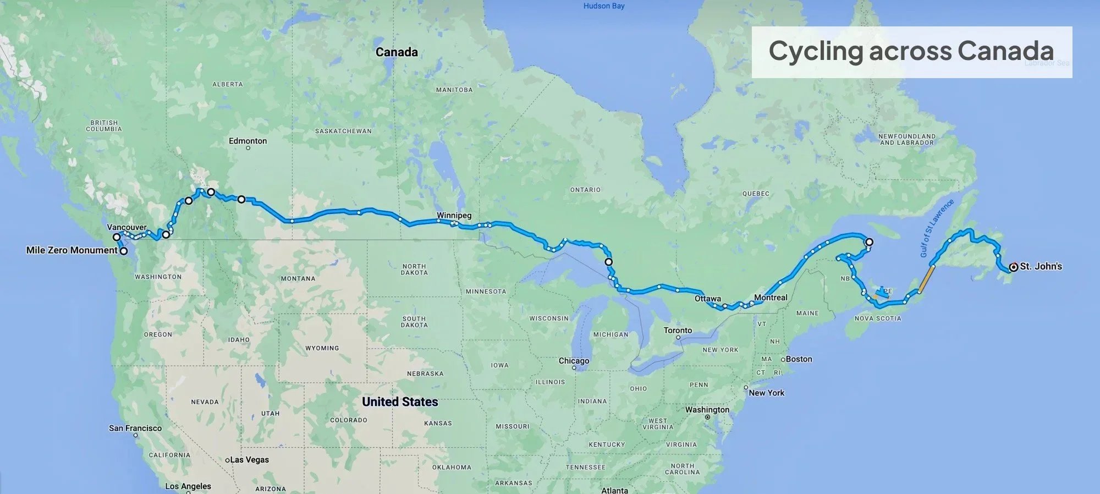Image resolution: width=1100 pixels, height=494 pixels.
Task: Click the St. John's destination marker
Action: click(x=1013, y=267)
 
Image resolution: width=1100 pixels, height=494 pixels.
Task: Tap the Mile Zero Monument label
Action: click(x=71, y=250)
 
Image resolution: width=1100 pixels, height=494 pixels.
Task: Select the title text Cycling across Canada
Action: click(x=911, y=51)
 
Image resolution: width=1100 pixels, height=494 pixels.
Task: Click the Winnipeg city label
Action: click(x=454, y=215)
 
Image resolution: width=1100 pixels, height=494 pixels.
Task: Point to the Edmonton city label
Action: click(x=248, y=141)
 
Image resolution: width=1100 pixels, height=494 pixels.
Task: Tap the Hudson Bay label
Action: click(x=604, y=6)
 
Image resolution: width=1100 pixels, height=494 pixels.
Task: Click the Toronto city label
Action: click(x=678, y=330)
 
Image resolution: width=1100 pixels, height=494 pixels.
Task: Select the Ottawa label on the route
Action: click(x=707, y=299)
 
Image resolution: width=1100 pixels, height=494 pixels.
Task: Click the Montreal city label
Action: click(x=771, y=298)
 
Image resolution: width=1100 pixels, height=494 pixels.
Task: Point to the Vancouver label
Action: click(x=127, y=227)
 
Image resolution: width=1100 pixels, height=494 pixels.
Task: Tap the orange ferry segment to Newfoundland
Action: click(x=927, y=279)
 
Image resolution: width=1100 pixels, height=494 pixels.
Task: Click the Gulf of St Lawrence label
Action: click(x=936, y=228)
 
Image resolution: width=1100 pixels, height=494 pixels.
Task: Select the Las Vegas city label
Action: click(x=249, y=460)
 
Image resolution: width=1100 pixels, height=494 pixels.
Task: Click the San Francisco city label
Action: click(x=135, y=428)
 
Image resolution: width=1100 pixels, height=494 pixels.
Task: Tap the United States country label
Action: click(x=400, y=402)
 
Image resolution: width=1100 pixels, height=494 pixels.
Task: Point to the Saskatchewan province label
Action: click(x=343, y=131)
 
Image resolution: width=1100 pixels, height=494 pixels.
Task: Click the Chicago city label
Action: click(x=574, y=361)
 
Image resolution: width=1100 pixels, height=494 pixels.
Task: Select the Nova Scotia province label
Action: click(x=878, y=319)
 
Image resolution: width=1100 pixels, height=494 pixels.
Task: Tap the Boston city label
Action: click(x=799, y=359)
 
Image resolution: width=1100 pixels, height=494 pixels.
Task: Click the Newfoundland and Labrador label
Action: click(x=906, y=139)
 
